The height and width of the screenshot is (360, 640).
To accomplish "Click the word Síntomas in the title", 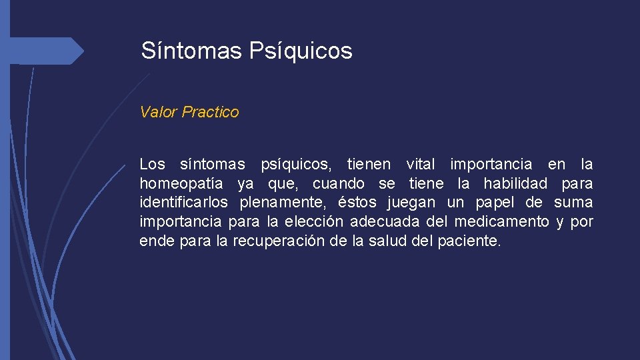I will pyautogui.click(x=191, y=51).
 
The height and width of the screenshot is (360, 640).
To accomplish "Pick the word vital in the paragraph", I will pyautogui.click(x=420, y=164).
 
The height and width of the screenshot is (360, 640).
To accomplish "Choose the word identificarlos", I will pyautogui.click(x=183, y=202).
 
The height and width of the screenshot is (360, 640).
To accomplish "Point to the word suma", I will pyautogui.click(x=573, y=202).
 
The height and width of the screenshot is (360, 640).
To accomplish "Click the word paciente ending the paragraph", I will pyautogui.click(x=469, y=241).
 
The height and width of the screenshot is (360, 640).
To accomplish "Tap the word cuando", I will pyautogui.click(x=339, y=183).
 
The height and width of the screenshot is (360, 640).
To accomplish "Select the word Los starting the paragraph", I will pyautogui.click(x=152, y=164).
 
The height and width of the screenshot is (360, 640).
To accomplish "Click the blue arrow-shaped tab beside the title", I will pyautogui.click(x=47, y=51).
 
